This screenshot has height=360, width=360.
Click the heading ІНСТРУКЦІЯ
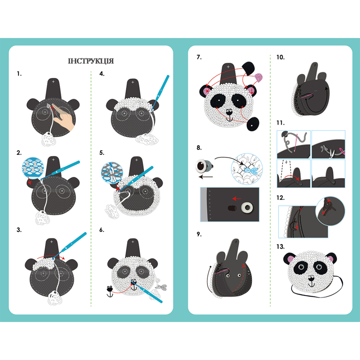91,61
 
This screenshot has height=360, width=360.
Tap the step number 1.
19,74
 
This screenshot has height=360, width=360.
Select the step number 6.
102,230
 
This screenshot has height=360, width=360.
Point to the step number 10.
280,57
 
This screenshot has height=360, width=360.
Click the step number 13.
280,247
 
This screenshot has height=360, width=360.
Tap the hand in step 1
63,117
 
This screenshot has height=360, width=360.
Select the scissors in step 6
161,287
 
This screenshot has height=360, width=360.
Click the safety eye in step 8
203,166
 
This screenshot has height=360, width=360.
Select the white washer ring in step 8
247,208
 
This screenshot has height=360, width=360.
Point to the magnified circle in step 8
247,169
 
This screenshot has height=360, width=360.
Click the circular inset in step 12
330,211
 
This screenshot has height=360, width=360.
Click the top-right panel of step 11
328,144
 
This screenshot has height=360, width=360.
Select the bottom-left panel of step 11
294,173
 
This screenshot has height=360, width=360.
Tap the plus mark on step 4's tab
133,82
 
